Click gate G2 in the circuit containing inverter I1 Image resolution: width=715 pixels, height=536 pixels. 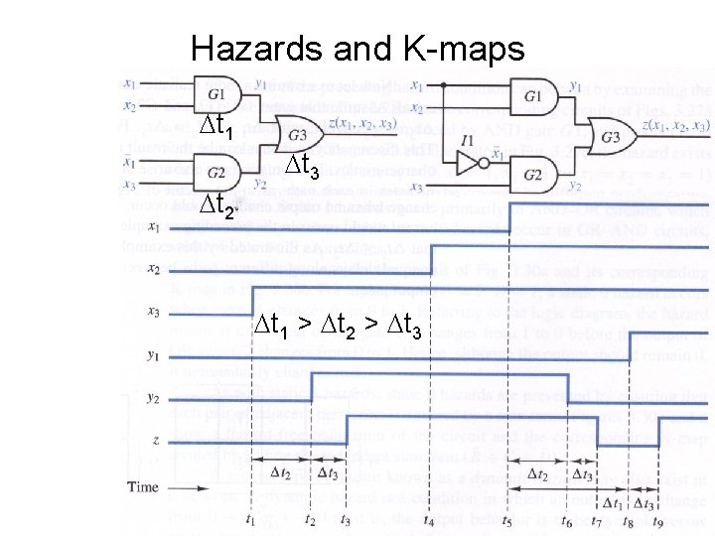point(533,176)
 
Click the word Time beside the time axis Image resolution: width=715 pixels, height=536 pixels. point(144,486)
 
